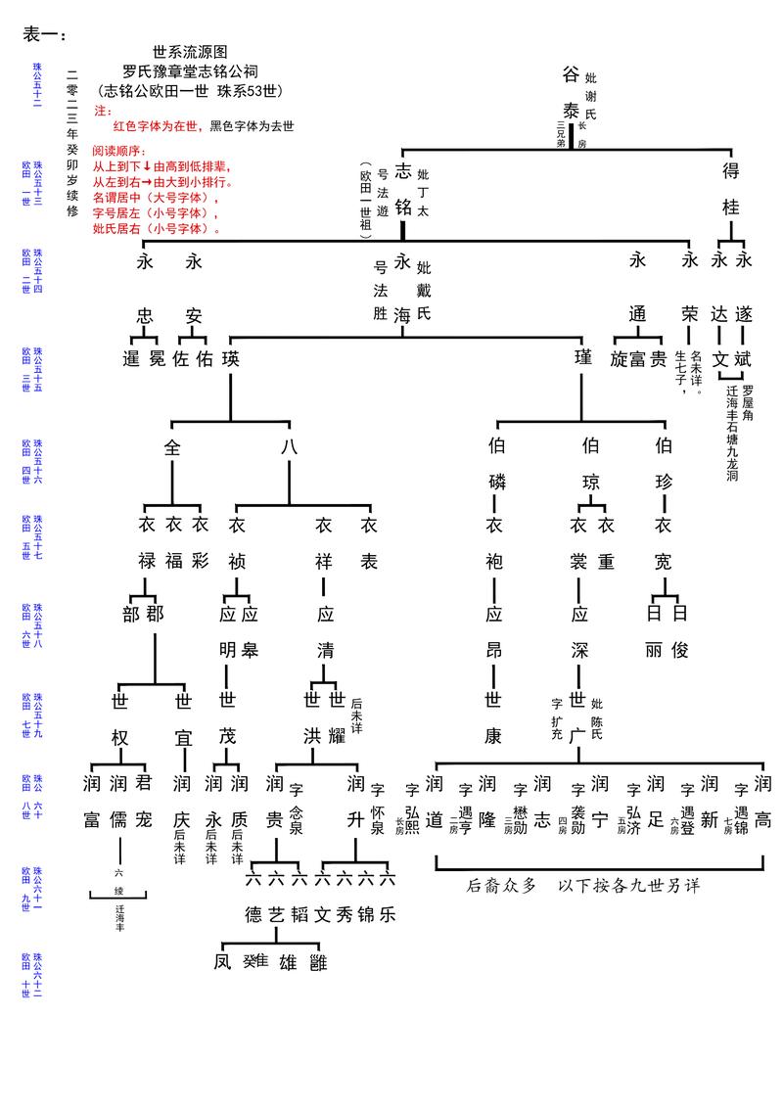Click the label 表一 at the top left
43,35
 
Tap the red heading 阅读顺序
118,152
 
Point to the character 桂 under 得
730,207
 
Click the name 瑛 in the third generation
230,358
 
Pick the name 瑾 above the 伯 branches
582,358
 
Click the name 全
173,447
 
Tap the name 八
289,447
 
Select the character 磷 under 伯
495,482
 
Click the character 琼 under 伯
590,482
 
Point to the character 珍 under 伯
664,482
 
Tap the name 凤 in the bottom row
222,961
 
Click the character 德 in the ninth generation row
253,915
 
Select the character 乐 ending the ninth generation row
388,915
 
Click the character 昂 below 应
495,649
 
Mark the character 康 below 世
495,736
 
